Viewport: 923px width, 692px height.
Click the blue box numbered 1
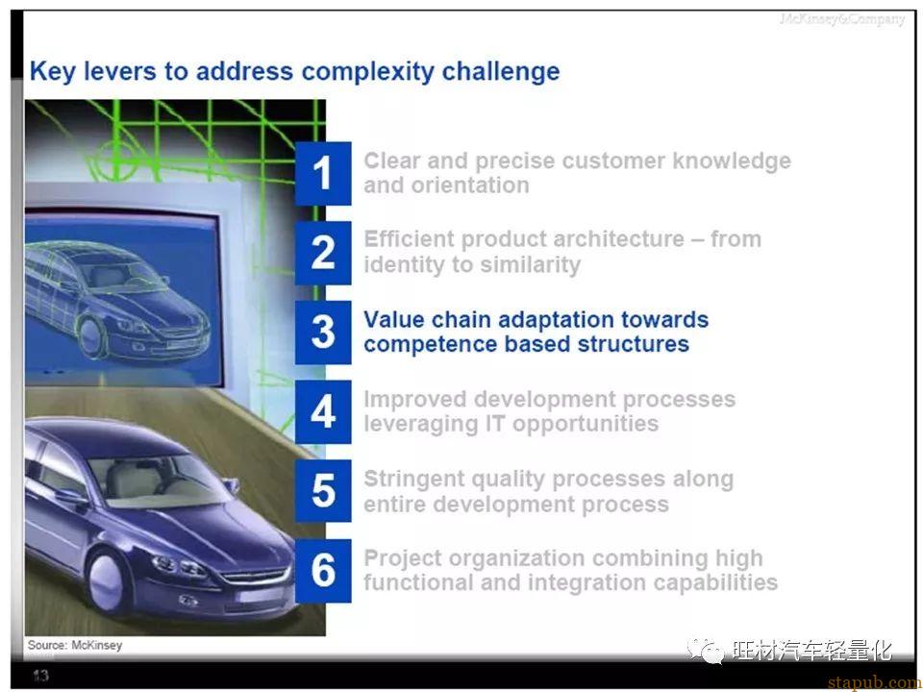point(323,173)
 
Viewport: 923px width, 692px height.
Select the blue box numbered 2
point(323,253)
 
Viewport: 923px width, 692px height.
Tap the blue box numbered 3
point(323,333)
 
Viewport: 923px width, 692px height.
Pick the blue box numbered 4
point(323,412)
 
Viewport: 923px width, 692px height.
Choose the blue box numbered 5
point(323,491)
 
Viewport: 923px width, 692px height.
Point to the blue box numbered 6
point(323,571)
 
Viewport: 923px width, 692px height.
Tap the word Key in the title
point(52,72)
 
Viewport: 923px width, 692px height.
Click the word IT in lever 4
point(495,424)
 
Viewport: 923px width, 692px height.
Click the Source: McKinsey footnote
point(75,645)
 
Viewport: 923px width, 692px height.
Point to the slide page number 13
point(40,676)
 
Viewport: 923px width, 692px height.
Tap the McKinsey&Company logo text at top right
point(842,19)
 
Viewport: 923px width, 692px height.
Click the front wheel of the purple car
point(107,579)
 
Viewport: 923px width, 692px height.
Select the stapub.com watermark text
point(875,682)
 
